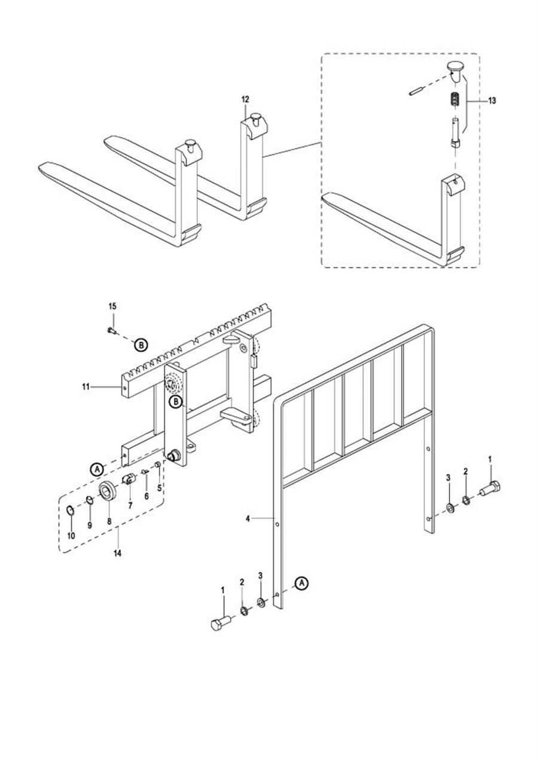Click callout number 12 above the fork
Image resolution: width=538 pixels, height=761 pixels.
pyautogui.click(x=245, y=99)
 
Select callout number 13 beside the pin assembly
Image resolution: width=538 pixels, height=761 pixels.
pyautogui.click(x=492, y=101)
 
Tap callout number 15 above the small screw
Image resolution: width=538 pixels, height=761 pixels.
pyautogui.click(x=112, y=306)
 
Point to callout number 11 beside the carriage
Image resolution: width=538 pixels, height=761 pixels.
pyautogui.click(x=85, y=386)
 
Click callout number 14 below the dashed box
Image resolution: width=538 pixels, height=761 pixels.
pyautogui.click(x=117, y=553)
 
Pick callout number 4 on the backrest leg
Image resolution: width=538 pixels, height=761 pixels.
pyautogui.click(x=248, y=519)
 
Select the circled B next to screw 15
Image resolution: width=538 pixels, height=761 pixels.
pyautogui.click(x=141, y=345)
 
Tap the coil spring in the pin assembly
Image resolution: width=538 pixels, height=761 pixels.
pyautogui.click(x=456, y=99)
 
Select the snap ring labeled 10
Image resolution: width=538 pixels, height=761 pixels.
pyautogui.click(x=70, y=510)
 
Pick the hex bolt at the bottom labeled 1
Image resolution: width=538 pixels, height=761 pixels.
pyautogui.click(x=221, y=624)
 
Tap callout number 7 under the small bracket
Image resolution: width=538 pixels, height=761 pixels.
pyautogui.click(x=130, y=506)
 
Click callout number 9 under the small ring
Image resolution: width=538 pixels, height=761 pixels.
pyautogui.click(x=90, y=525)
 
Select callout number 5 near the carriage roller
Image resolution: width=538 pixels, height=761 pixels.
pyautogui.click(x=159, y=488)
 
